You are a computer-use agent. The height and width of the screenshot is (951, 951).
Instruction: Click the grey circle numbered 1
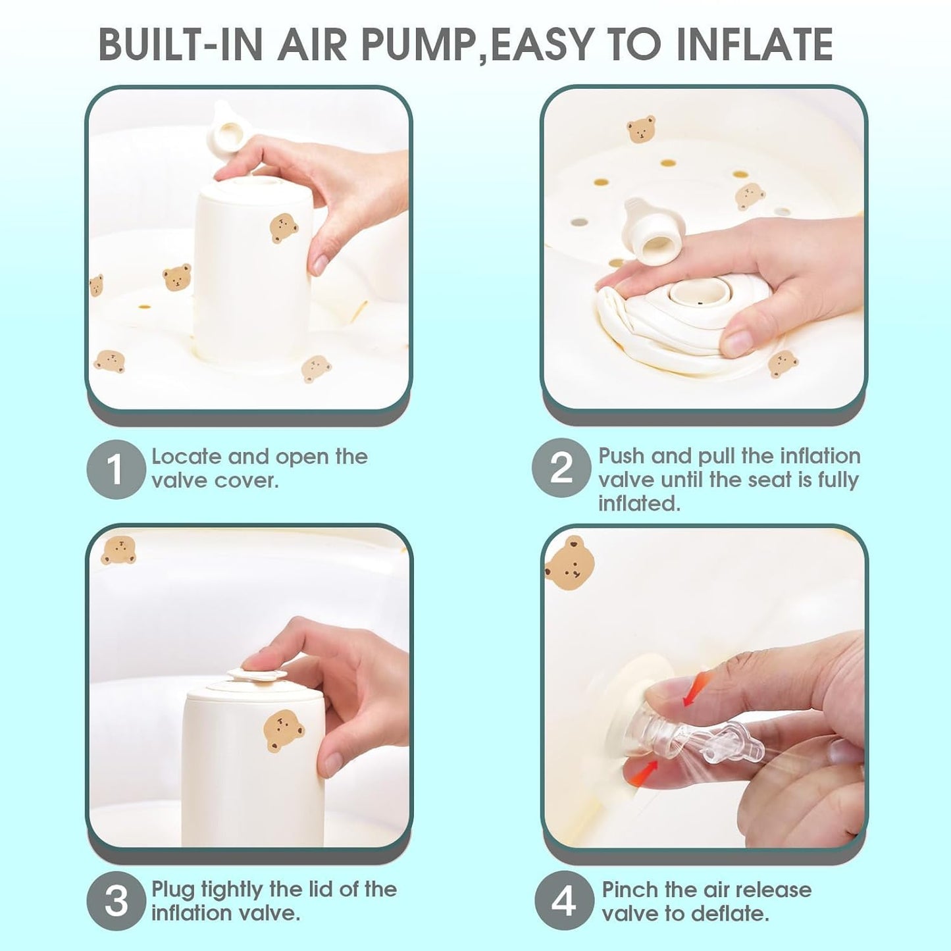[x=115, y=469]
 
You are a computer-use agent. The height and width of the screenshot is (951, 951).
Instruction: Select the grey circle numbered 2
[x=561, y=468]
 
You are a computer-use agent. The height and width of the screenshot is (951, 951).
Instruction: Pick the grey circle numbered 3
[x=115, y=901]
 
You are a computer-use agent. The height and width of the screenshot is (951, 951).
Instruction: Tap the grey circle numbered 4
[x=563, y=901]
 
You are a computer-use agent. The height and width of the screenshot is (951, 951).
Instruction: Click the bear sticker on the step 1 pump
[x=284, y=228]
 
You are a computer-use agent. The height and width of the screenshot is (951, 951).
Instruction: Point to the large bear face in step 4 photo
[x=570, y=563]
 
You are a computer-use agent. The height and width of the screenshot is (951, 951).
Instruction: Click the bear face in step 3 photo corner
[x=118, y=550]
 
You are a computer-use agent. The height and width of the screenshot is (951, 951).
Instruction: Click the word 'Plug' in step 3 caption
[x=173, y=890]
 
